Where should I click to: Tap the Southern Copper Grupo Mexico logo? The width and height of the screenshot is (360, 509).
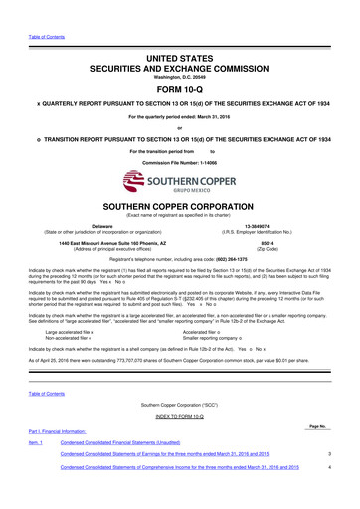point(179,182)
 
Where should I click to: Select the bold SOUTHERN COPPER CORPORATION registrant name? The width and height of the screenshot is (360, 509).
point(179,207)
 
